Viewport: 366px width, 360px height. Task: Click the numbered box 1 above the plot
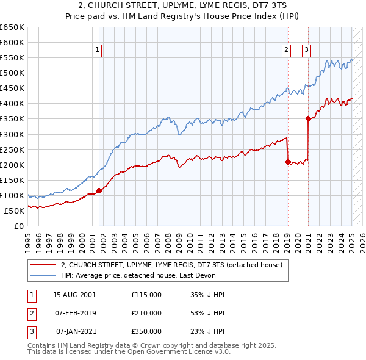[x=98, y=51]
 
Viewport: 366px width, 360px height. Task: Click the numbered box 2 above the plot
[x=286, y=51]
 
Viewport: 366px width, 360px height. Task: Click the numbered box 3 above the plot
[x=306, y=51]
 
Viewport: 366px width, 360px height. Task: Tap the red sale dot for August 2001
[x=99, y=190]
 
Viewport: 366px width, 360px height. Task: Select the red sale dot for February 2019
[x=287, y=162]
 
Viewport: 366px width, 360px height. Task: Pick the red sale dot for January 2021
[x=308, y=119]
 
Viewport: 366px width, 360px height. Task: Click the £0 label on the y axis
[x=20, y=226]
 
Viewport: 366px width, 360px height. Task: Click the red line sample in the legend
[x=43, y=265]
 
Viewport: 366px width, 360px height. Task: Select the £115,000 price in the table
[x=146, y=294]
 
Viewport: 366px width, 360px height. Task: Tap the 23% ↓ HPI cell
[x=207, y=332]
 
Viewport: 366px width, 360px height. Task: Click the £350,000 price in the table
[x=146, y=332]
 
